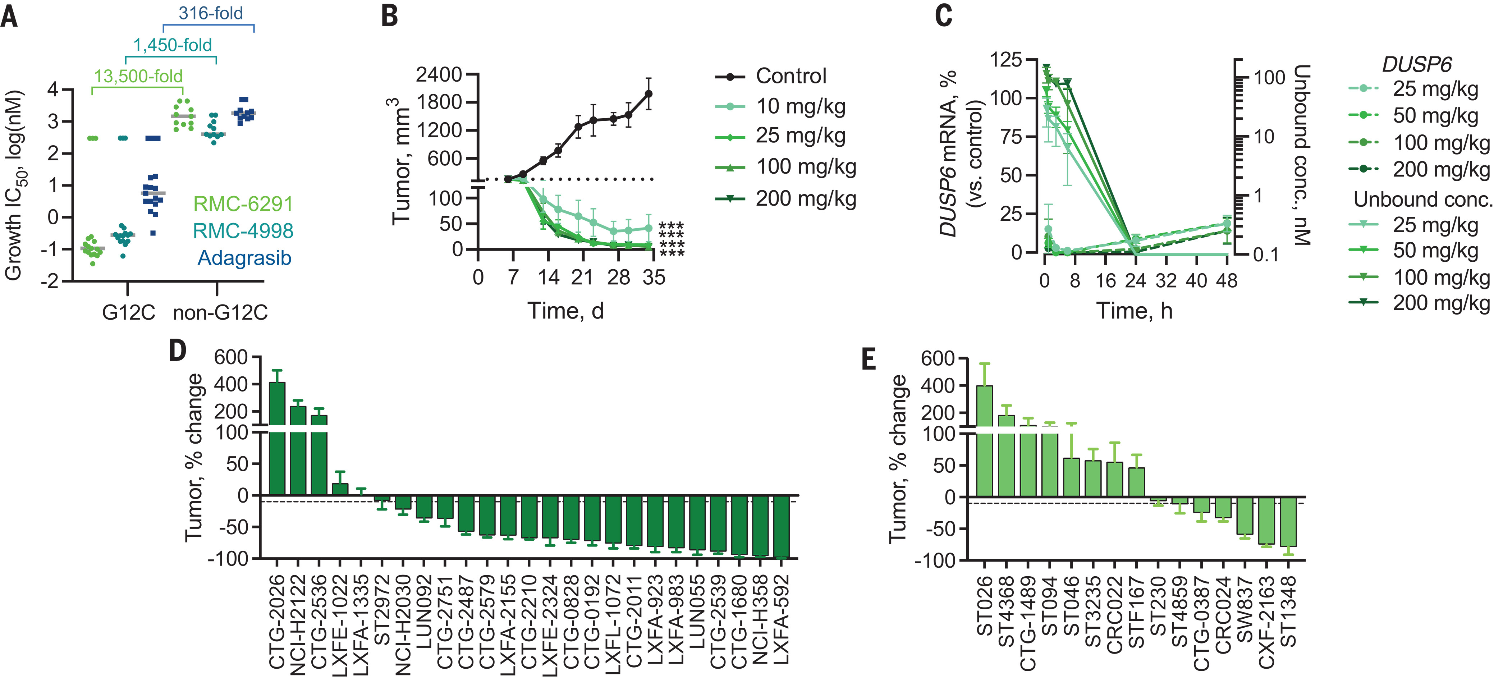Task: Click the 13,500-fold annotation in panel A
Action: click(x=138, y=76)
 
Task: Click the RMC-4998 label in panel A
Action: click(x=243, y=231)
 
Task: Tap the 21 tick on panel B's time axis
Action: click(x=582, y=277)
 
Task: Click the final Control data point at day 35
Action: click(x=649, y=93)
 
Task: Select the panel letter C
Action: click(x=944, y=16)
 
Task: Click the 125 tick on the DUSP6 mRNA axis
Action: click(x=1006, y=59)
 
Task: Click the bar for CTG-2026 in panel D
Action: click(x=277, y=441)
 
